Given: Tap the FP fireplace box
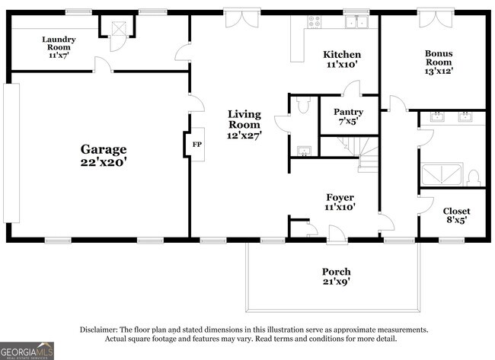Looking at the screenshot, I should (196, 144).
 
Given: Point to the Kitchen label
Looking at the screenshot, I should (342, 55).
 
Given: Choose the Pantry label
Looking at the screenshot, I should (348, 111).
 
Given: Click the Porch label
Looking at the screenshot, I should (336, 272).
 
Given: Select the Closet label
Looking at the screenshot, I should (456, 211).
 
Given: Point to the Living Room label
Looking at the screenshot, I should (244, 119).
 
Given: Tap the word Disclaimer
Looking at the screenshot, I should (101, 330).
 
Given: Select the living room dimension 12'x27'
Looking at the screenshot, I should (244, 135).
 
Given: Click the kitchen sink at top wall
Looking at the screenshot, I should (355, 23).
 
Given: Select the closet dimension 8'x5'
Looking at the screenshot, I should (456, 221).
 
